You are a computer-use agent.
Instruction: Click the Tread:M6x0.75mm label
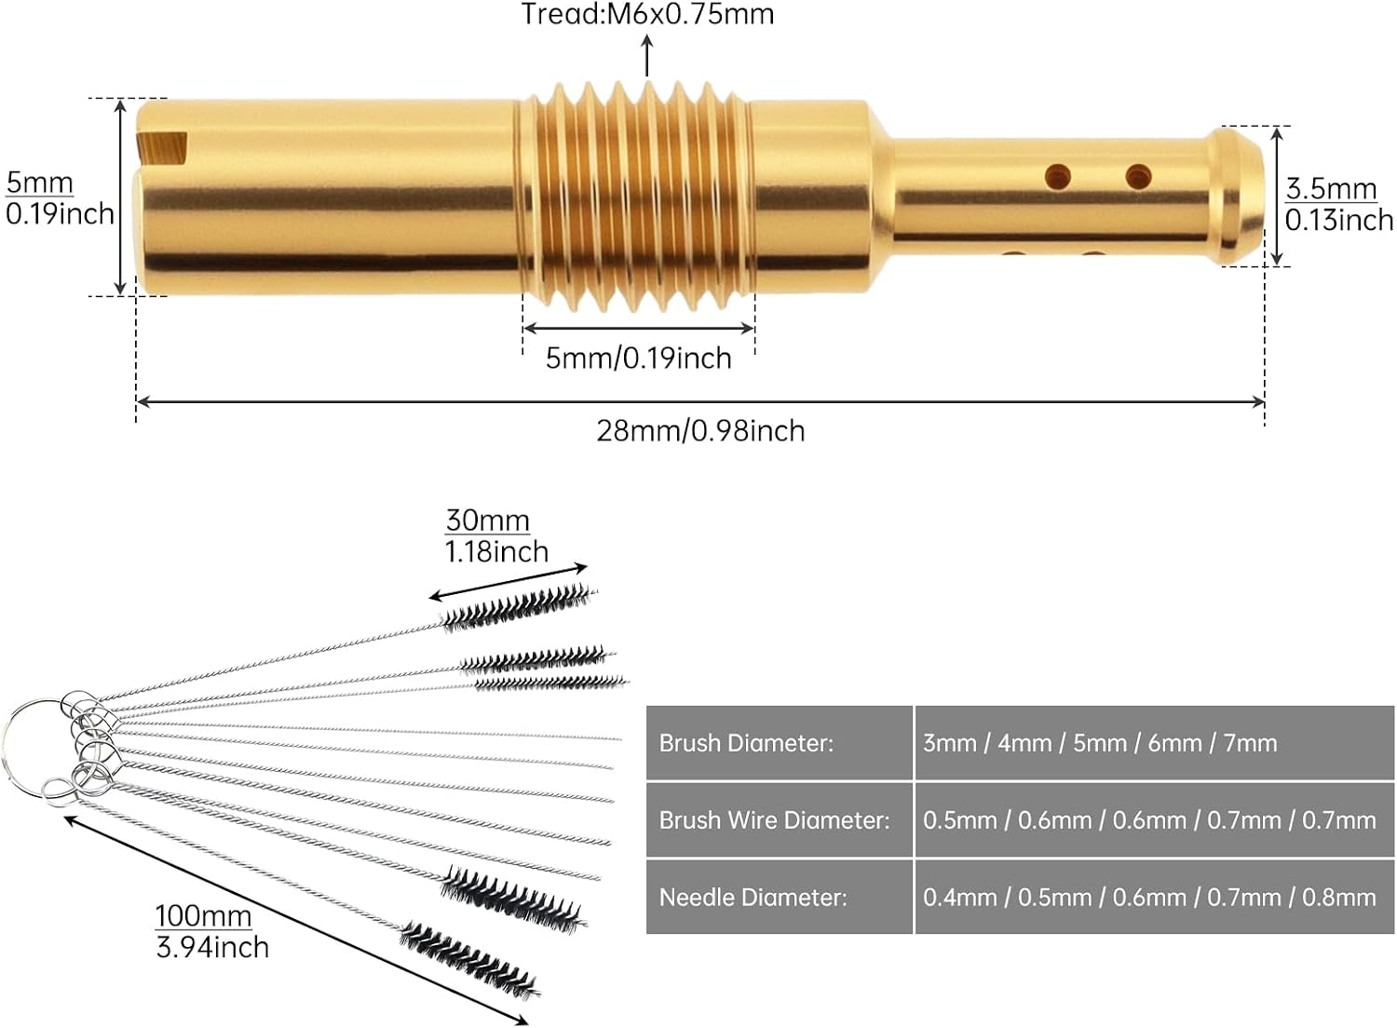click(647, 14)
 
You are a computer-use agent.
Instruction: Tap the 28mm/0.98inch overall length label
click(700, 431)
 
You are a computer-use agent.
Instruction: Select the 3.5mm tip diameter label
click(1331, 188)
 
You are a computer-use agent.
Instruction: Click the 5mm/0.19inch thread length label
click(638, 358)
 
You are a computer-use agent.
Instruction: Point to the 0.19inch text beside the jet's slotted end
click(60, 214)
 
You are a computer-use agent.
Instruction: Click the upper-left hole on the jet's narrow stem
click(1058, 177)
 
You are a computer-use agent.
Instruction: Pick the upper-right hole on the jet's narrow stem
click(1139, 177)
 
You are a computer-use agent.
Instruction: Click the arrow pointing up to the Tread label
click(647, 56)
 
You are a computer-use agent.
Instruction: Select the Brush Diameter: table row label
click(746, 743)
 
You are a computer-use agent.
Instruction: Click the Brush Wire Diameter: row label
click(774, 820)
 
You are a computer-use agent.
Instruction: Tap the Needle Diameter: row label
click(753, 898)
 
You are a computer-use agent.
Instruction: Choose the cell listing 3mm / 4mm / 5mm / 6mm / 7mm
click(1100, 743)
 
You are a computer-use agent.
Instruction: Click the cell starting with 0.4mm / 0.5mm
click(1148, 898)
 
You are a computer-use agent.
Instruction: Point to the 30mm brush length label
click(487, 521)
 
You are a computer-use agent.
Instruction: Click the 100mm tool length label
click(203, 916)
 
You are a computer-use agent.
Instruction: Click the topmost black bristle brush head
click(519, 608)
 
